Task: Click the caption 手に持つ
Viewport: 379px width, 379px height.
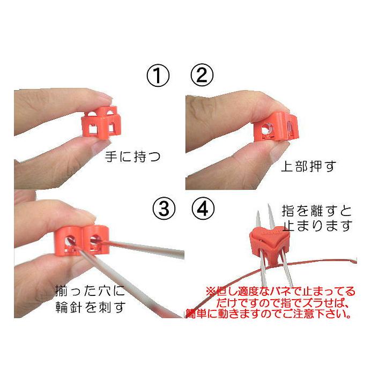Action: click(134, 157)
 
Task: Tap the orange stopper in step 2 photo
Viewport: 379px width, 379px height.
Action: click(274, 127)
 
